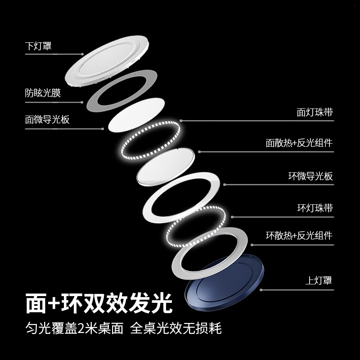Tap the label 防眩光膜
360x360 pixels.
tap(43, 94)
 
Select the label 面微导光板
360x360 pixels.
tap(47, 120)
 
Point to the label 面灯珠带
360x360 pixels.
tap(315, 112)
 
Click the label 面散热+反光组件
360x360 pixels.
tap(299, 143)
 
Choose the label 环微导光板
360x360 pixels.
tap(310, 176)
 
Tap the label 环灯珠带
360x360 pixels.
tap(315, 208)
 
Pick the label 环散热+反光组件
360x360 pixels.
tap(299, 235)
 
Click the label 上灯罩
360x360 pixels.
tap(319, 281)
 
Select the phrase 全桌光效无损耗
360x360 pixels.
tap(176, 329)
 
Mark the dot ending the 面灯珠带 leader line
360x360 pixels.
tap(181, 121)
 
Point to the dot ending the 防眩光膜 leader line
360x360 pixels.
tap(82, 102)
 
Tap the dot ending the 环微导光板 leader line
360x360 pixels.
tap(225, 184)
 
